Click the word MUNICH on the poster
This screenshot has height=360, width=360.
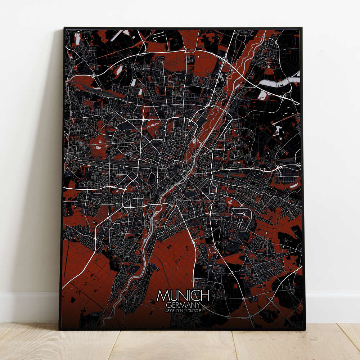pos(183,296)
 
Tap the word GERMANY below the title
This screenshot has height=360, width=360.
pos(183,304)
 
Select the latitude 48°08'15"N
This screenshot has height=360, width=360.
pos(174,310)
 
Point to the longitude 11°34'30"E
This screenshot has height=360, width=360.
pos(194,310)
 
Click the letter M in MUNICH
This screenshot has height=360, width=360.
pos(162,296)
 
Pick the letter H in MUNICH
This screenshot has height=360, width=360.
pos(205,296)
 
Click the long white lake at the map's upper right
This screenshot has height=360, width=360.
pos(281,82)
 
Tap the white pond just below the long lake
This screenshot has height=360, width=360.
pos(263,95)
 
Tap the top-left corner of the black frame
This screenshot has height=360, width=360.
pos(64,28)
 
